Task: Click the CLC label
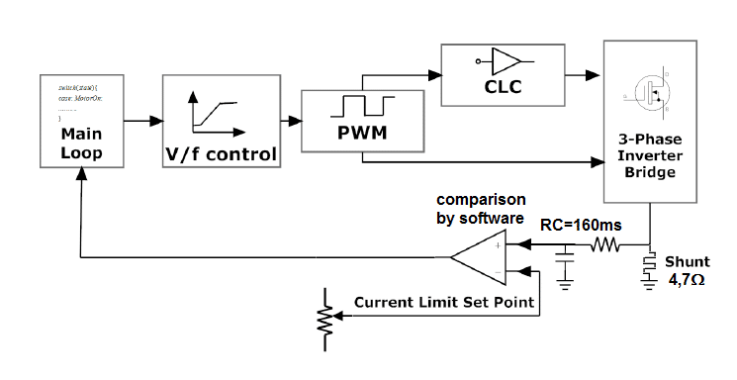pyautogui.click(x=503, y=87)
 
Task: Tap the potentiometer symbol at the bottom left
pyautogui.click(x=322, y=319)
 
